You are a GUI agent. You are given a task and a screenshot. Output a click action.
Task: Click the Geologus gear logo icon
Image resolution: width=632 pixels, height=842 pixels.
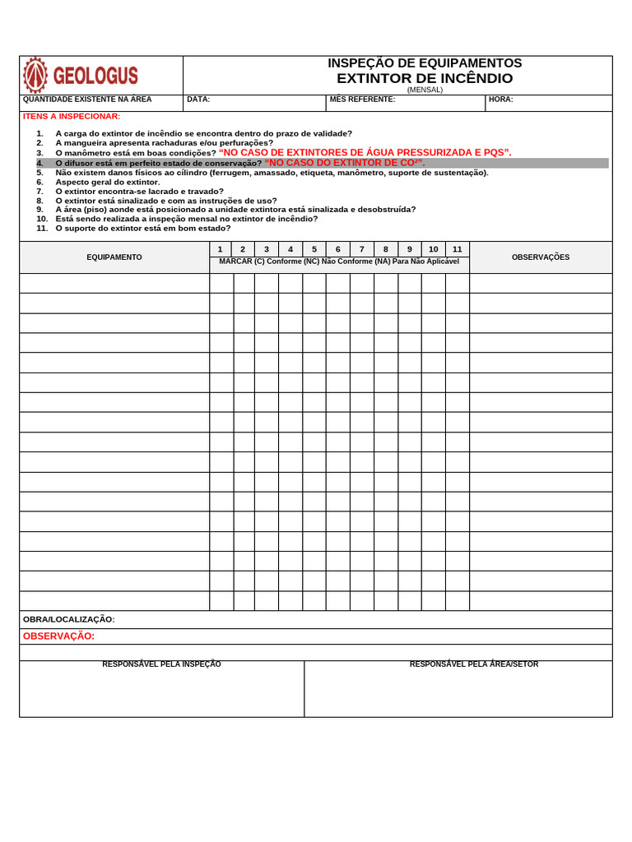tap(35, 76)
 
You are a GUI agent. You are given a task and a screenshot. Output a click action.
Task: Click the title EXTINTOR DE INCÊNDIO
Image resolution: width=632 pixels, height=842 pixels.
tap(424, 78)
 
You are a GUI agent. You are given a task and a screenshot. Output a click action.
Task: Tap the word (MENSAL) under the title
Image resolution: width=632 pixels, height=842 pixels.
tap(425, 90)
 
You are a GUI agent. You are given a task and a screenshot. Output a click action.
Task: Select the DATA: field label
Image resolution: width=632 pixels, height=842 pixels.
tap(198, 99)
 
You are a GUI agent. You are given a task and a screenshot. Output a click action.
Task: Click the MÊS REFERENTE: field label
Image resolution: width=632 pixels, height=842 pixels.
tap(362, 99)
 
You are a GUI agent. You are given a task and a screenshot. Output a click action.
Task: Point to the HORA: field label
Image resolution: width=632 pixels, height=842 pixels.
tap(500, 99)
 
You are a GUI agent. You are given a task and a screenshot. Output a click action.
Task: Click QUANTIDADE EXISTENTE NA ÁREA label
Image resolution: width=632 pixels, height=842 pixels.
tap(87, 99)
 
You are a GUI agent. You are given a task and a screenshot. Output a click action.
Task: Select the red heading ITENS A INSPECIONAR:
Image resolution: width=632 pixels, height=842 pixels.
tap(72, 116)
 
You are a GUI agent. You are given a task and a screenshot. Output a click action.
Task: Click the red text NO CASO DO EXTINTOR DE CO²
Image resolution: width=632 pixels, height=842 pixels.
tap(345, 163)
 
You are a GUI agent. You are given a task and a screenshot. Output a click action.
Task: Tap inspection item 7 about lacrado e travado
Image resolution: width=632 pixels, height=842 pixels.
tap(139, 192)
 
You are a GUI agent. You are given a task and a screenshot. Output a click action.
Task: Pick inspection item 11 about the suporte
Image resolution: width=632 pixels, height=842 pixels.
tap(142, 228)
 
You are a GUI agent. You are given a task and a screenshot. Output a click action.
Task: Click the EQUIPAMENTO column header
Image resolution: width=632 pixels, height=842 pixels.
tap(114, 257)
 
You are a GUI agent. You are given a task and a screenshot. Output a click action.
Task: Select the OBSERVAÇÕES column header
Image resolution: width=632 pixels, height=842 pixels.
tap(541, 257)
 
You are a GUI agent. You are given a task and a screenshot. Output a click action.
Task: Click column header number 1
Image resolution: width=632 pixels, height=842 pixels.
tap(220, 249)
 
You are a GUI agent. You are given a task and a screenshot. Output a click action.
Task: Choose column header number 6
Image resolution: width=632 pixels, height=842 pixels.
tap(337, 249)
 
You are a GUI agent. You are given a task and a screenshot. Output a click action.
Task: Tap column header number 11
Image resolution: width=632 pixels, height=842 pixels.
tap(457, 249)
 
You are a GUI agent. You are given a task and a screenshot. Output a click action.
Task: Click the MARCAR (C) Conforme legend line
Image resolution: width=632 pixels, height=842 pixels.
tap(339, 261)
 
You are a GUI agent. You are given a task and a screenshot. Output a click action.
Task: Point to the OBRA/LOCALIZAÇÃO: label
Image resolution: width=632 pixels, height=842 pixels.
tap(69, 619)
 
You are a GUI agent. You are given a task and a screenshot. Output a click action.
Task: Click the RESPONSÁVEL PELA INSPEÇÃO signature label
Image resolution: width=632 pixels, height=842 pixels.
tap(161, 664)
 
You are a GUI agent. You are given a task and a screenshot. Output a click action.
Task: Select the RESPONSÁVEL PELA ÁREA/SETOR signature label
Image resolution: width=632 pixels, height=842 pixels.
tap(474, 664)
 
